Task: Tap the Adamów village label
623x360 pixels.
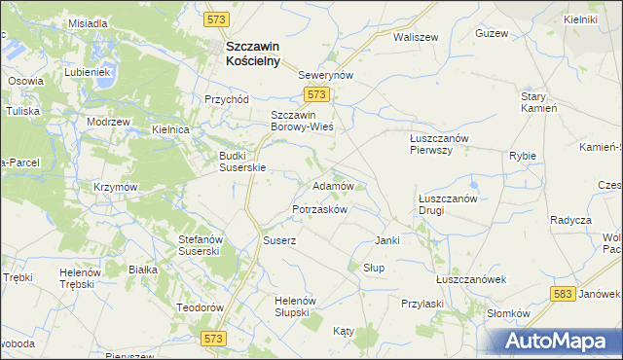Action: coord(332,185)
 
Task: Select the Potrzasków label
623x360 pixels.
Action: coord(319,210)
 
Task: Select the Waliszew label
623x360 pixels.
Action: coord(412,36)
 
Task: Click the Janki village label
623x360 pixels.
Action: coord(387,240)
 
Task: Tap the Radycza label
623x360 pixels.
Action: coord(570,219)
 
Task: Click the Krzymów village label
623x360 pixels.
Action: coord(117,187)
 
